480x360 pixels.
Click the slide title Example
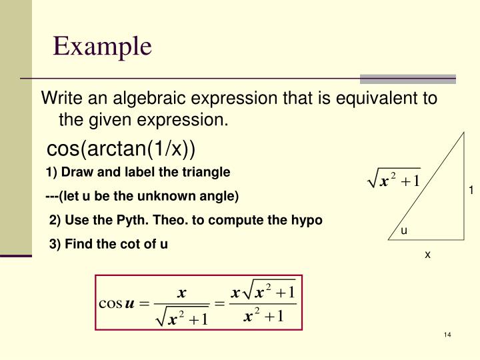point(103,47)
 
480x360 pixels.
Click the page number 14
point(447,334)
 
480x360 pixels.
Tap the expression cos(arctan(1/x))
point(121,148)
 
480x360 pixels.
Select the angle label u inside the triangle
point(403,231)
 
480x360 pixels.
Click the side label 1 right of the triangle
point(470,191)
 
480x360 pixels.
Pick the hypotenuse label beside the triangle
point(394,180)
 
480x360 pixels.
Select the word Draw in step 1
point(75,172)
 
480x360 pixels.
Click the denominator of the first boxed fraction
point(182,319)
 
